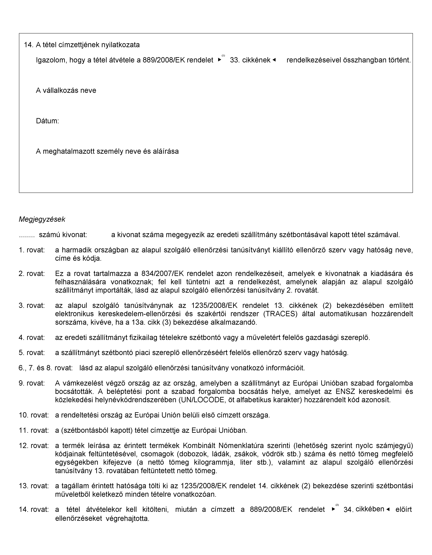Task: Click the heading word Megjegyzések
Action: (x=42, y=219)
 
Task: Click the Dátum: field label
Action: (x=47, y=121)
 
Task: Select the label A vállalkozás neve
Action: (x=66, y=90)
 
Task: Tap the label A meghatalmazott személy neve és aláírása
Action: (x=107, y=151)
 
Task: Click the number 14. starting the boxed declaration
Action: (x=29, y=45)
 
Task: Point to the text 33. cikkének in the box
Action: (x=250, y=60)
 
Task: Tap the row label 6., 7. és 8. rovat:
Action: (x=46, y=368)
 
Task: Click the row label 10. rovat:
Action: (x=34, y=415)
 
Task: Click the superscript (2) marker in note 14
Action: (x=337, y=505)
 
